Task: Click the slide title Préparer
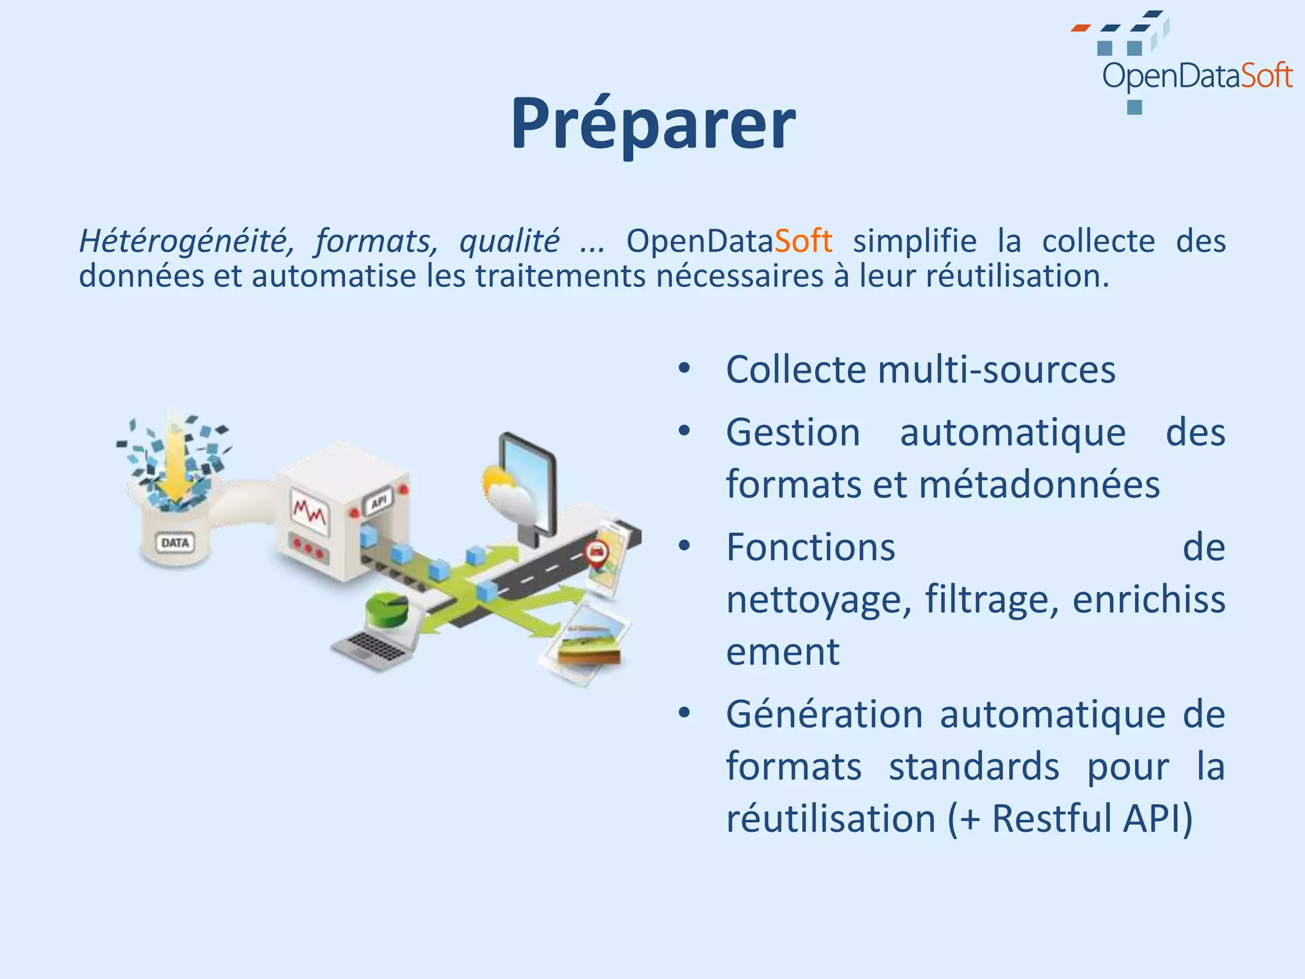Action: tap(652, 123)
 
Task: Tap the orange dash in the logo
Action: tap(1080, 28)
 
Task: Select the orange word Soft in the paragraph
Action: tap(803, 242)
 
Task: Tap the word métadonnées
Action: tap(1039, 484)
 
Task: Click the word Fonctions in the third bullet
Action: tap(811, 547)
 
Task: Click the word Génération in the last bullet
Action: tap(824, 714)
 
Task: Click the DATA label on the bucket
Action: tap(175, 543)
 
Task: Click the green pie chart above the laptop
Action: tap(386, 610)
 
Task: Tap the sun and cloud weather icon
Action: tap(507, 491)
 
